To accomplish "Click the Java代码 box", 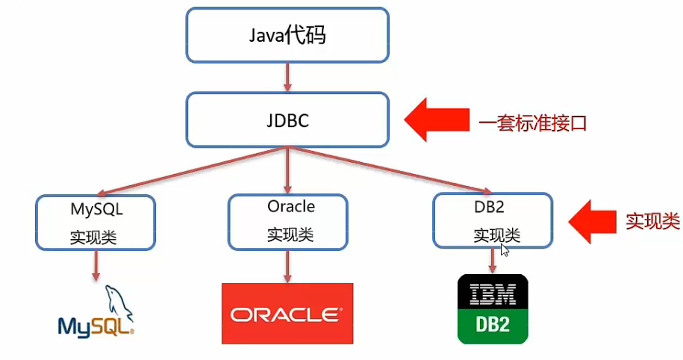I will [287, 35].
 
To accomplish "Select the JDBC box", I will [287, 120].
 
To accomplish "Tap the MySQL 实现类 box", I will [96, 222].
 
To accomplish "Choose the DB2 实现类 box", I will [493, 221].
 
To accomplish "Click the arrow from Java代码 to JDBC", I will [287, 77].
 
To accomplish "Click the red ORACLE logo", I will [287, 314].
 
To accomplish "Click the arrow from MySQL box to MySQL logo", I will [96, 265].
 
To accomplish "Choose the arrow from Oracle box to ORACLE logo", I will [287, 266].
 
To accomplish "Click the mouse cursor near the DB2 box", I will [505, 249].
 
